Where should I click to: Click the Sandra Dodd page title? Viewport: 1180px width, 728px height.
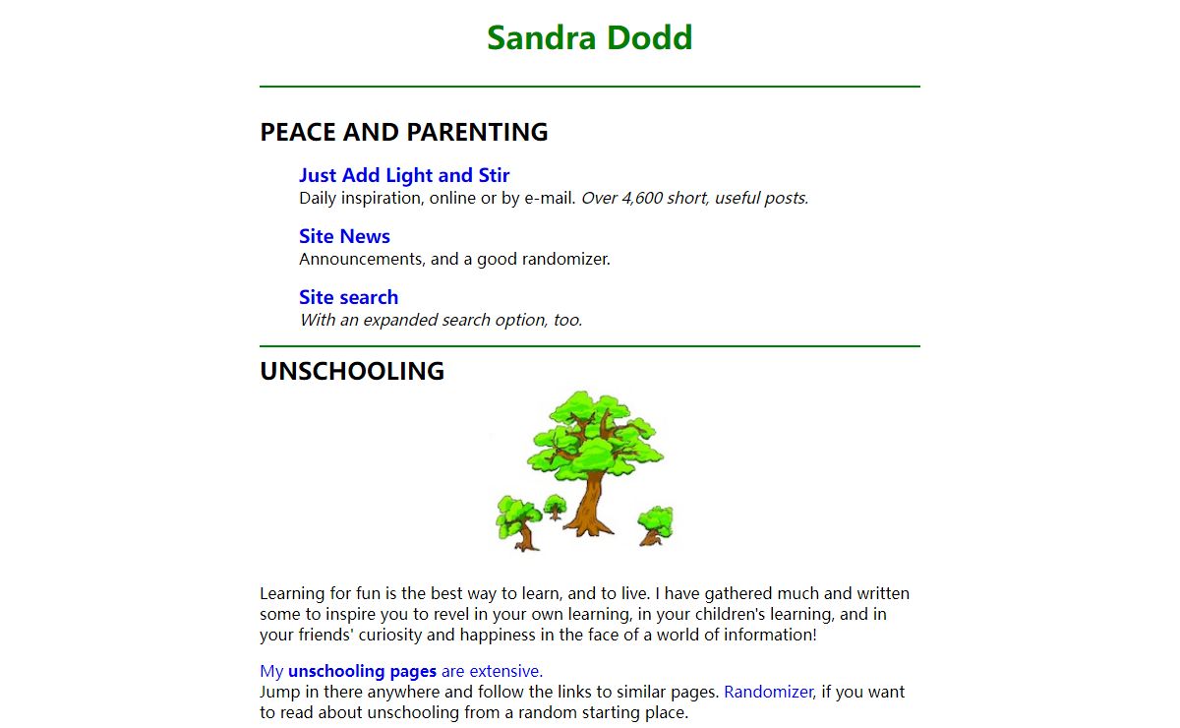tap(589, 37)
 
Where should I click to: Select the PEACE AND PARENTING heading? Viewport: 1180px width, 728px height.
tap(403, 132)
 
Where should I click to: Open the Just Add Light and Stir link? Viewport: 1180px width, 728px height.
tap(404, 175)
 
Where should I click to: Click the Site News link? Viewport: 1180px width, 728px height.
tap(344, 236)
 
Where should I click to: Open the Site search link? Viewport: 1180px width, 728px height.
tap(348, 297)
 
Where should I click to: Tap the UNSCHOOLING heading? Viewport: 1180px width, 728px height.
tap(352, 371)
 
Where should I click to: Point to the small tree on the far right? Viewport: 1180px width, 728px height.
tap(654, 524)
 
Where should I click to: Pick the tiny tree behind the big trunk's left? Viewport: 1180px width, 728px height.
tap(556, 507)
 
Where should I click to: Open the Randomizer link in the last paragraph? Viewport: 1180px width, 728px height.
tap(768, 692)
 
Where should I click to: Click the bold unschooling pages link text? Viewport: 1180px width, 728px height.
tap(362, 671)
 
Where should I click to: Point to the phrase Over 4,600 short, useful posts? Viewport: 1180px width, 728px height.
tap(694, 198)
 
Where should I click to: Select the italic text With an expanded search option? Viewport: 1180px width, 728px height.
tap(441, 320)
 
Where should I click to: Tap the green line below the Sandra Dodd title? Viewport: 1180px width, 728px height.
tap(589, 87)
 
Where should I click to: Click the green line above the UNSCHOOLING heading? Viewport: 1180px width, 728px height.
tap(589, 346)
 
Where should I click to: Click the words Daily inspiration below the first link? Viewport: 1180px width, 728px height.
tap(360, 198)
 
